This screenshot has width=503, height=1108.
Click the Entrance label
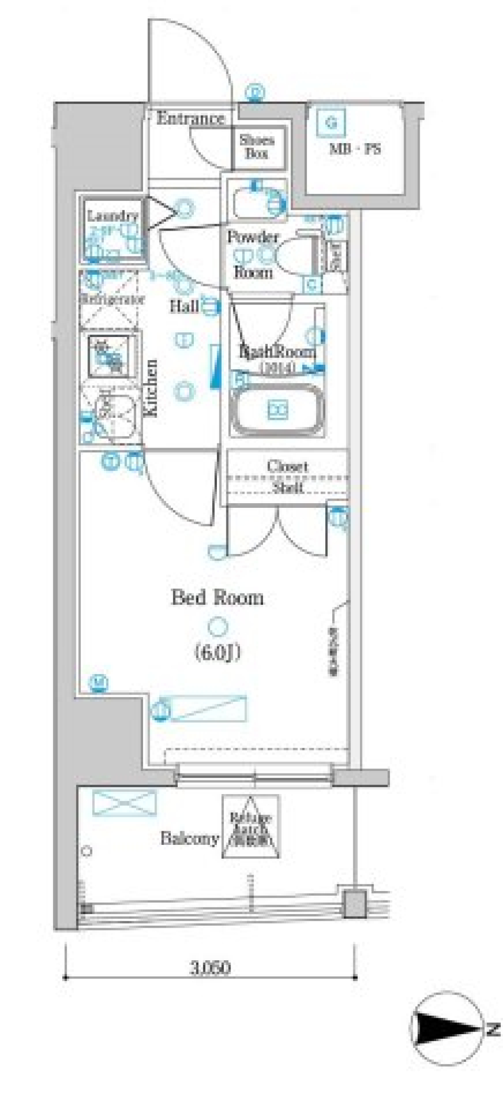pyautogui.click(x=190, y=118)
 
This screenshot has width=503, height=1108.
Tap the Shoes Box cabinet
pyautogui.click(x=257, y=147)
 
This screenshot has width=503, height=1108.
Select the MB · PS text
pyautogui.click(x=355, y=149)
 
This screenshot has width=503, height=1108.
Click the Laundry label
pyautogui.click(x=112, y=215)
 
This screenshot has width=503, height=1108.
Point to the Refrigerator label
pyautogui.click(x=111, y=300)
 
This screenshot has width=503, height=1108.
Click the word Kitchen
pyautogui.click(x=151, y=388)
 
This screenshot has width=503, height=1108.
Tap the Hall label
pyautogui.click(x=184, y=306)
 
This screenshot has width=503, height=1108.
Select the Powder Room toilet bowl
pyautogui.click(x=294, y=255)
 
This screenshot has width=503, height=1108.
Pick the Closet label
pyautogui.click(x=287, y=465)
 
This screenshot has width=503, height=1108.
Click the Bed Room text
pyautogui.click(x=217, y=598)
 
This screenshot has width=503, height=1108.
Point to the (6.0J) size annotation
pyautogui.click(x=218, y=653)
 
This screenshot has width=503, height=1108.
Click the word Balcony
pyautogui.click(x=189, y=838)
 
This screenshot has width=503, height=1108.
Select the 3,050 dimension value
pyautogui.click(x=210, y=968)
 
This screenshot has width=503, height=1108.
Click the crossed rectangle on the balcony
pyautogui.click(x=125, y=802)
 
